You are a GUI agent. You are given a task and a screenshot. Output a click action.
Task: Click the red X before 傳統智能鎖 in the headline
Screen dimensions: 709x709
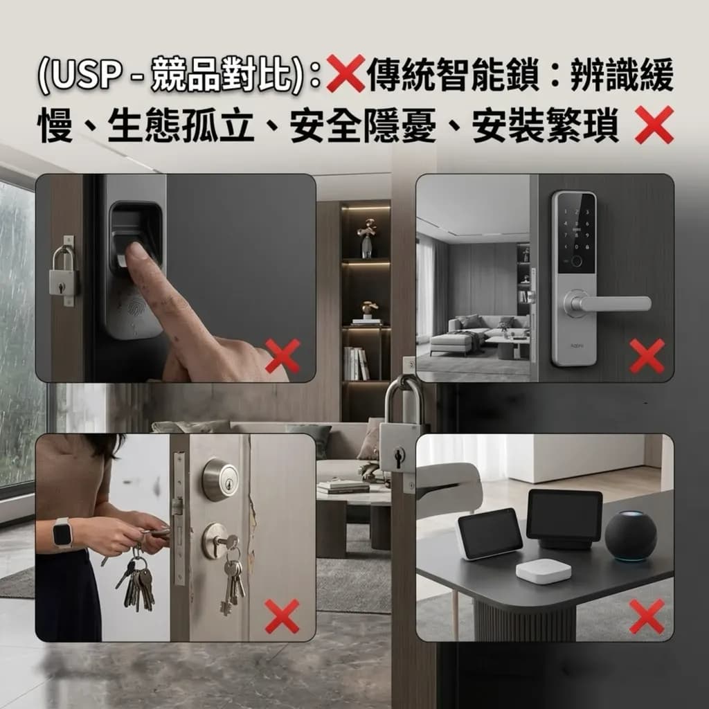click(346, 73)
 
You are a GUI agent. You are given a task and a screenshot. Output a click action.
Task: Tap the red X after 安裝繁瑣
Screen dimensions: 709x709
click(654, 125)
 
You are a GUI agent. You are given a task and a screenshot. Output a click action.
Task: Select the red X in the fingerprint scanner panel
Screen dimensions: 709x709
click(282, 356)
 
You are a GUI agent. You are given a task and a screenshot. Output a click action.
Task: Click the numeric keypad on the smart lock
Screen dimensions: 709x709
click(575, 230)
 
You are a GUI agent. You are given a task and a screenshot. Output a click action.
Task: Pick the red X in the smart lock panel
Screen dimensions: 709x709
click(647, 356)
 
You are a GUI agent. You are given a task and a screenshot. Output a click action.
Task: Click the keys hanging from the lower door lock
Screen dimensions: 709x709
click(233, 580)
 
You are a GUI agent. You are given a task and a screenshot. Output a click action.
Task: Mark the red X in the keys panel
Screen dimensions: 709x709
click(282, 616)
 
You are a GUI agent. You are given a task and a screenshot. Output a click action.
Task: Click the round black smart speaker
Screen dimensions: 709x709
click(630, 536)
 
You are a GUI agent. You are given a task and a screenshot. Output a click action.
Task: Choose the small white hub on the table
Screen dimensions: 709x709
click(543, 571)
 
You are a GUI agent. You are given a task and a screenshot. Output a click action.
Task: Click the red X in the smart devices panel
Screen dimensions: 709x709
click(647, 616)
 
